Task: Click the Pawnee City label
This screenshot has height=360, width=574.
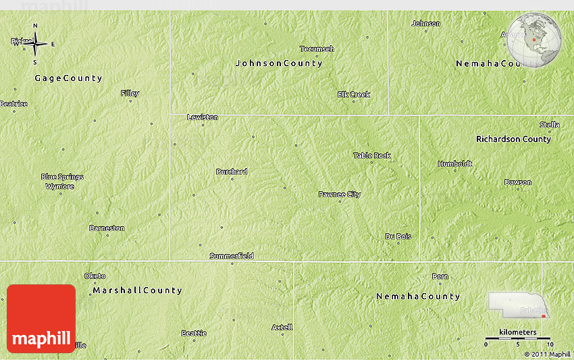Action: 340,195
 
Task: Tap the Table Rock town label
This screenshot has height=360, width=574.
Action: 372,155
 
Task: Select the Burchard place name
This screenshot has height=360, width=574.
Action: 232,172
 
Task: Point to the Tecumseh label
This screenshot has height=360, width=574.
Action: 317,49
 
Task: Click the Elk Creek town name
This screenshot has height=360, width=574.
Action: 354,95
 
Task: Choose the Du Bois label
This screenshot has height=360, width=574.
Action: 398,236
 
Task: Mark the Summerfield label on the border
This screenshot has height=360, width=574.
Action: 232,256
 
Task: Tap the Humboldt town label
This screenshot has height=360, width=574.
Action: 455,163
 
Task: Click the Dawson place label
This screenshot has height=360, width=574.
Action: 517,182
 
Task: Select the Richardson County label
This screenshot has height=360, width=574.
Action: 513,139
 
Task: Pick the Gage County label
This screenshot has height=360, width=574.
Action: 68,78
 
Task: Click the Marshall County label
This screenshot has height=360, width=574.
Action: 137,290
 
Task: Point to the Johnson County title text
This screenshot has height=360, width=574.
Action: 278,63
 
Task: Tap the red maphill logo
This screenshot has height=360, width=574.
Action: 41,319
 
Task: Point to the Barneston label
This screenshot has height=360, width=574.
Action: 107,228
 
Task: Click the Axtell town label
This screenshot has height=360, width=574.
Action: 282,327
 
